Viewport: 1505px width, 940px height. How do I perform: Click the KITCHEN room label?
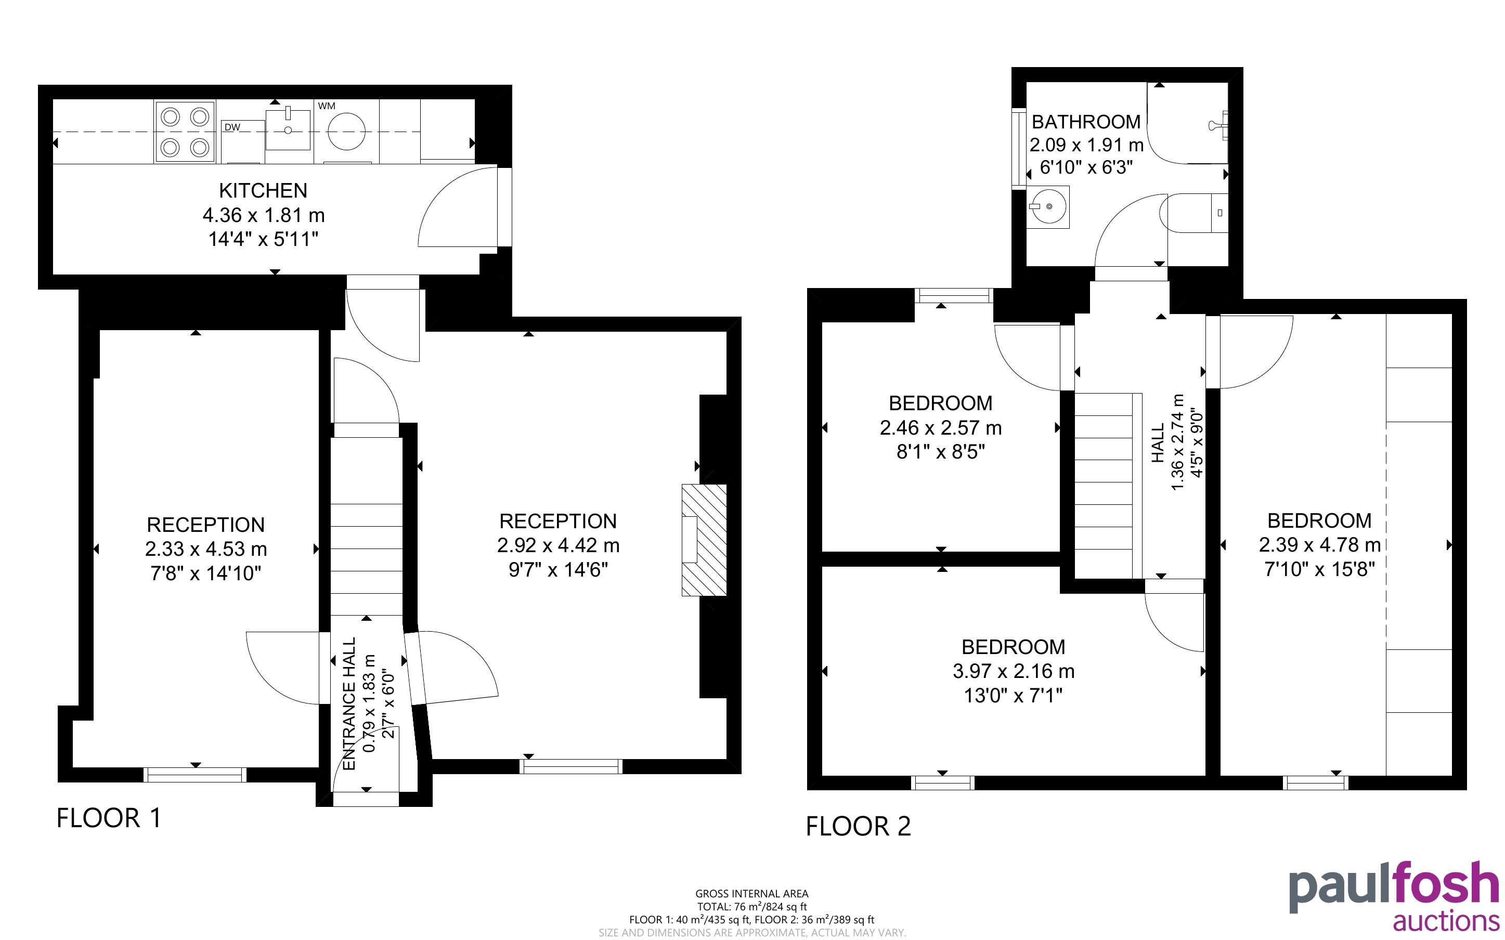(263, 190)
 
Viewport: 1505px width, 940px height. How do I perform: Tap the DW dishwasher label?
(232, 127)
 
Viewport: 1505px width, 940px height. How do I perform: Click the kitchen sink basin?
(288, 130)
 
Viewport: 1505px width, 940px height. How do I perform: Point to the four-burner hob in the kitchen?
(185, 132)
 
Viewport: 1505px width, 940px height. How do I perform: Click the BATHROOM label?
(1086, 122)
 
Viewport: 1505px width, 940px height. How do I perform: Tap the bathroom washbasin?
(1048, 206)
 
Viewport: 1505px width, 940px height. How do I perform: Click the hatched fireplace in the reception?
(704, 540)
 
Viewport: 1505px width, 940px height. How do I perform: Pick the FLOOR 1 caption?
(109, 818)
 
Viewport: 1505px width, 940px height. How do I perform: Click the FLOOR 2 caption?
(859, 826)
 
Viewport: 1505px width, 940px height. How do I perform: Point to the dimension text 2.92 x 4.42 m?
(558, 545)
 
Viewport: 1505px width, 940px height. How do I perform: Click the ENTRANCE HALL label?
(349, 704)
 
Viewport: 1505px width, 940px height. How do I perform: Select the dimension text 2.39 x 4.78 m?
(1320, 544)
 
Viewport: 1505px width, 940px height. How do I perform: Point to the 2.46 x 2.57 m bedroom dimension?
(941, 428)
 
